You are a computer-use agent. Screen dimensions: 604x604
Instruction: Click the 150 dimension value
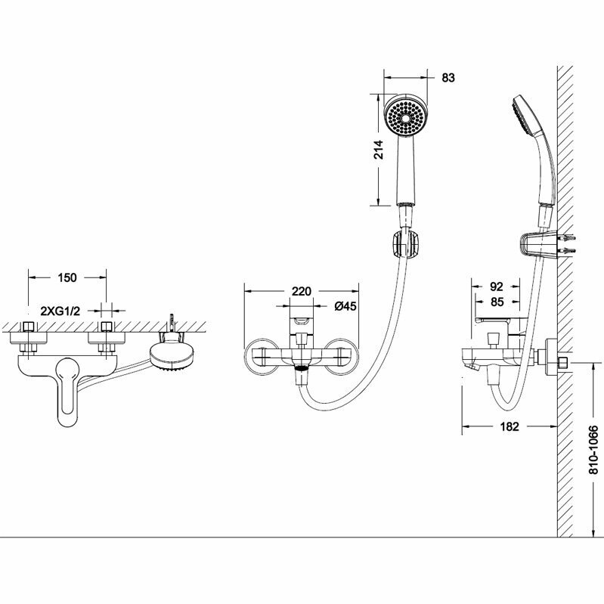pyautogui.click(x=67, y=277)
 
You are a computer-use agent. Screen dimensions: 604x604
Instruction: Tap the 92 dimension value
pyautogui.click(x=497, y=287)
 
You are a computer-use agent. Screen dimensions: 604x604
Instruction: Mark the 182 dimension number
pyautogui.click(x=510, y=426)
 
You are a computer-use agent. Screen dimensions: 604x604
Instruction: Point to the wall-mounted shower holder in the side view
pyautogui.click(x=534, y=245)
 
